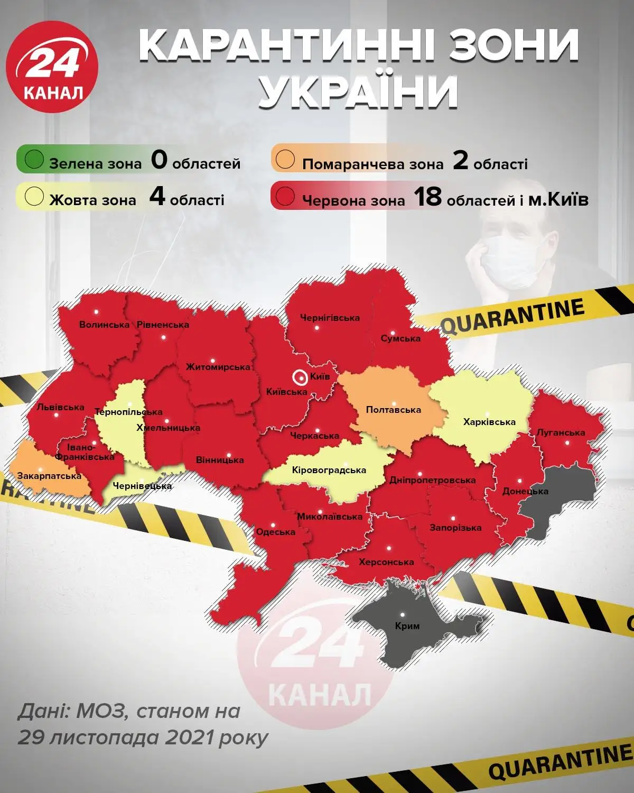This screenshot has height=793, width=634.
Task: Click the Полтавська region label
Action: tap(393, 410)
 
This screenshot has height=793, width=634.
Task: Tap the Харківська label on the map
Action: tap(489, 422)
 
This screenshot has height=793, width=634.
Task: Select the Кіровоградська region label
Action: tap(329, 470)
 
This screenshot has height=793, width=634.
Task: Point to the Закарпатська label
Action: tap(49, 476)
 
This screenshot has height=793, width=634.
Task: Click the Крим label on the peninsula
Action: tap(407, 626)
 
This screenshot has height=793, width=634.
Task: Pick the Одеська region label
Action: tap(275, 532)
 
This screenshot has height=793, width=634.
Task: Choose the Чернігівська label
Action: tap(330, 318)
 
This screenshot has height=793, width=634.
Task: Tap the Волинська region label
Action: tap(104, 325)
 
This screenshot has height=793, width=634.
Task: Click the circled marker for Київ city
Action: tap(300, 377)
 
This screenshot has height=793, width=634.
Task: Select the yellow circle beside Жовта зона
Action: tap(34, 197)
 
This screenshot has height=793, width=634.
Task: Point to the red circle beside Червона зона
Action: tap(285, 197)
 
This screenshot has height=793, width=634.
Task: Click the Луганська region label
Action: tap(561, 432)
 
